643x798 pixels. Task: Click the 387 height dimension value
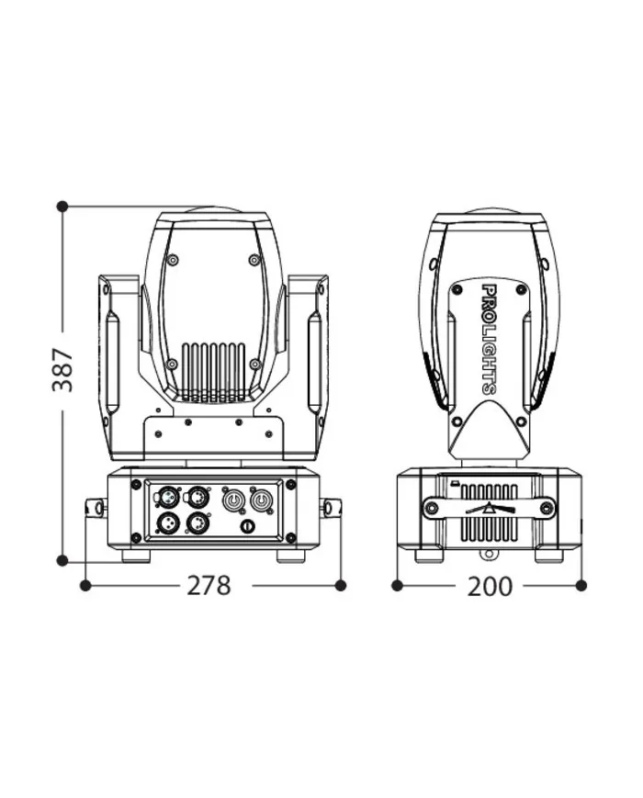(63, 370)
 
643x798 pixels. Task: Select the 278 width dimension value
(209, 585)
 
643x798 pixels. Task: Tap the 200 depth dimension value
(490, 586)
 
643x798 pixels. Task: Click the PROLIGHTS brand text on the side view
(489, 339)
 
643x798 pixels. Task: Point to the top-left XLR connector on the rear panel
(166, 496)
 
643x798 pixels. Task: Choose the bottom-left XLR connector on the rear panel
(166, 523)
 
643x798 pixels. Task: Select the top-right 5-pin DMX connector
(197, 496)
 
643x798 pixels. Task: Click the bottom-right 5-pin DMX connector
(197, 523)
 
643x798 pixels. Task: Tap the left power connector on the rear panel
(233, 500)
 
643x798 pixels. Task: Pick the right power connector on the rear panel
(261, 500)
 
